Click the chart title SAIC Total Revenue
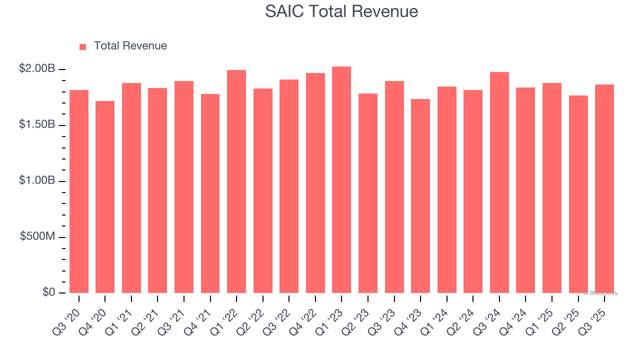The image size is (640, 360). [x=341, y=11]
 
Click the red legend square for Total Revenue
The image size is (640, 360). [x=82, y=46]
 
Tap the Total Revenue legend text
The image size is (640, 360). [x=130, y=46]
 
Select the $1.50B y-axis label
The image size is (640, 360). [x=37, y=124]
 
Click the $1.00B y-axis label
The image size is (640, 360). [x=37, y=180]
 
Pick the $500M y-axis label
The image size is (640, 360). [x=37, y=236]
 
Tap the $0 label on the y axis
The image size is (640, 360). [x=48, y=292]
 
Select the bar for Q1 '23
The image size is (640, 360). [x=341, y=180]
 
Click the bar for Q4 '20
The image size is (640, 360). [x=105, y=197]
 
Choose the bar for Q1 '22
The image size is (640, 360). [x=236, y=181]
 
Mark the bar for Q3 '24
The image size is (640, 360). [x=499, y=182]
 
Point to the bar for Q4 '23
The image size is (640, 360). [x=420, y=196]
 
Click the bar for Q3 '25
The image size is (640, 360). [x=604, y=189]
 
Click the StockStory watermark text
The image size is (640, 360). [x=600, y=293]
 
